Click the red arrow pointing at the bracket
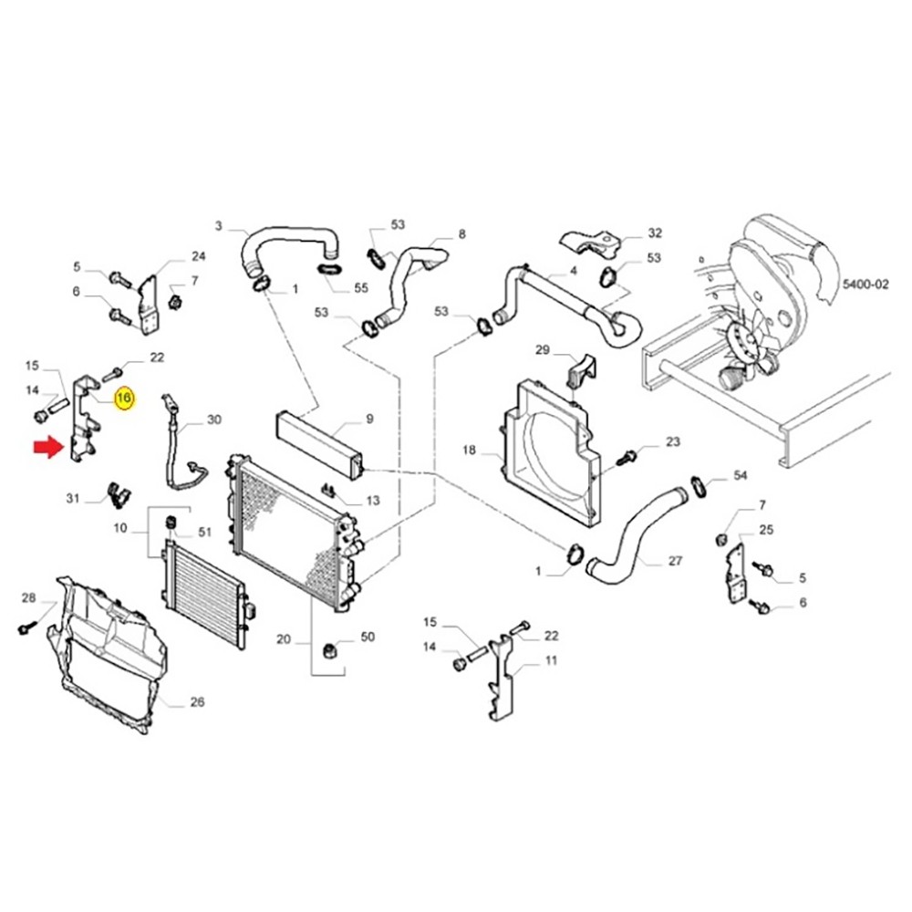click(46, 448)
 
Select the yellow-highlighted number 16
click(124, 398)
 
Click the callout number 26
click(197, 701)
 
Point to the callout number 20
click(284, 640)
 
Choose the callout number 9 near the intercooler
click(369, 420)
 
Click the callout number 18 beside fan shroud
click(470, 451)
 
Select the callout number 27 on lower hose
click(674, 561)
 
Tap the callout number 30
click(214, 420)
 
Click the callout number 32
click(655, 233)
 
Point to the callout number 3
click(218, 225)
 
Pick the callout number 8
click(461, 234)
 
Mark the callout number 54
click(741, 477)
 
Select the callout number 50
click(368, 636)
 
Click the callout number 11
click(550, 660)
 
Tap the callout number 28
click(28, 598)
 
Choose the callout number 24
click(199, 255)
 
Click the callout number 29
click(542, 350)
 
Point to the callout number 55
click(360, 288)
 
